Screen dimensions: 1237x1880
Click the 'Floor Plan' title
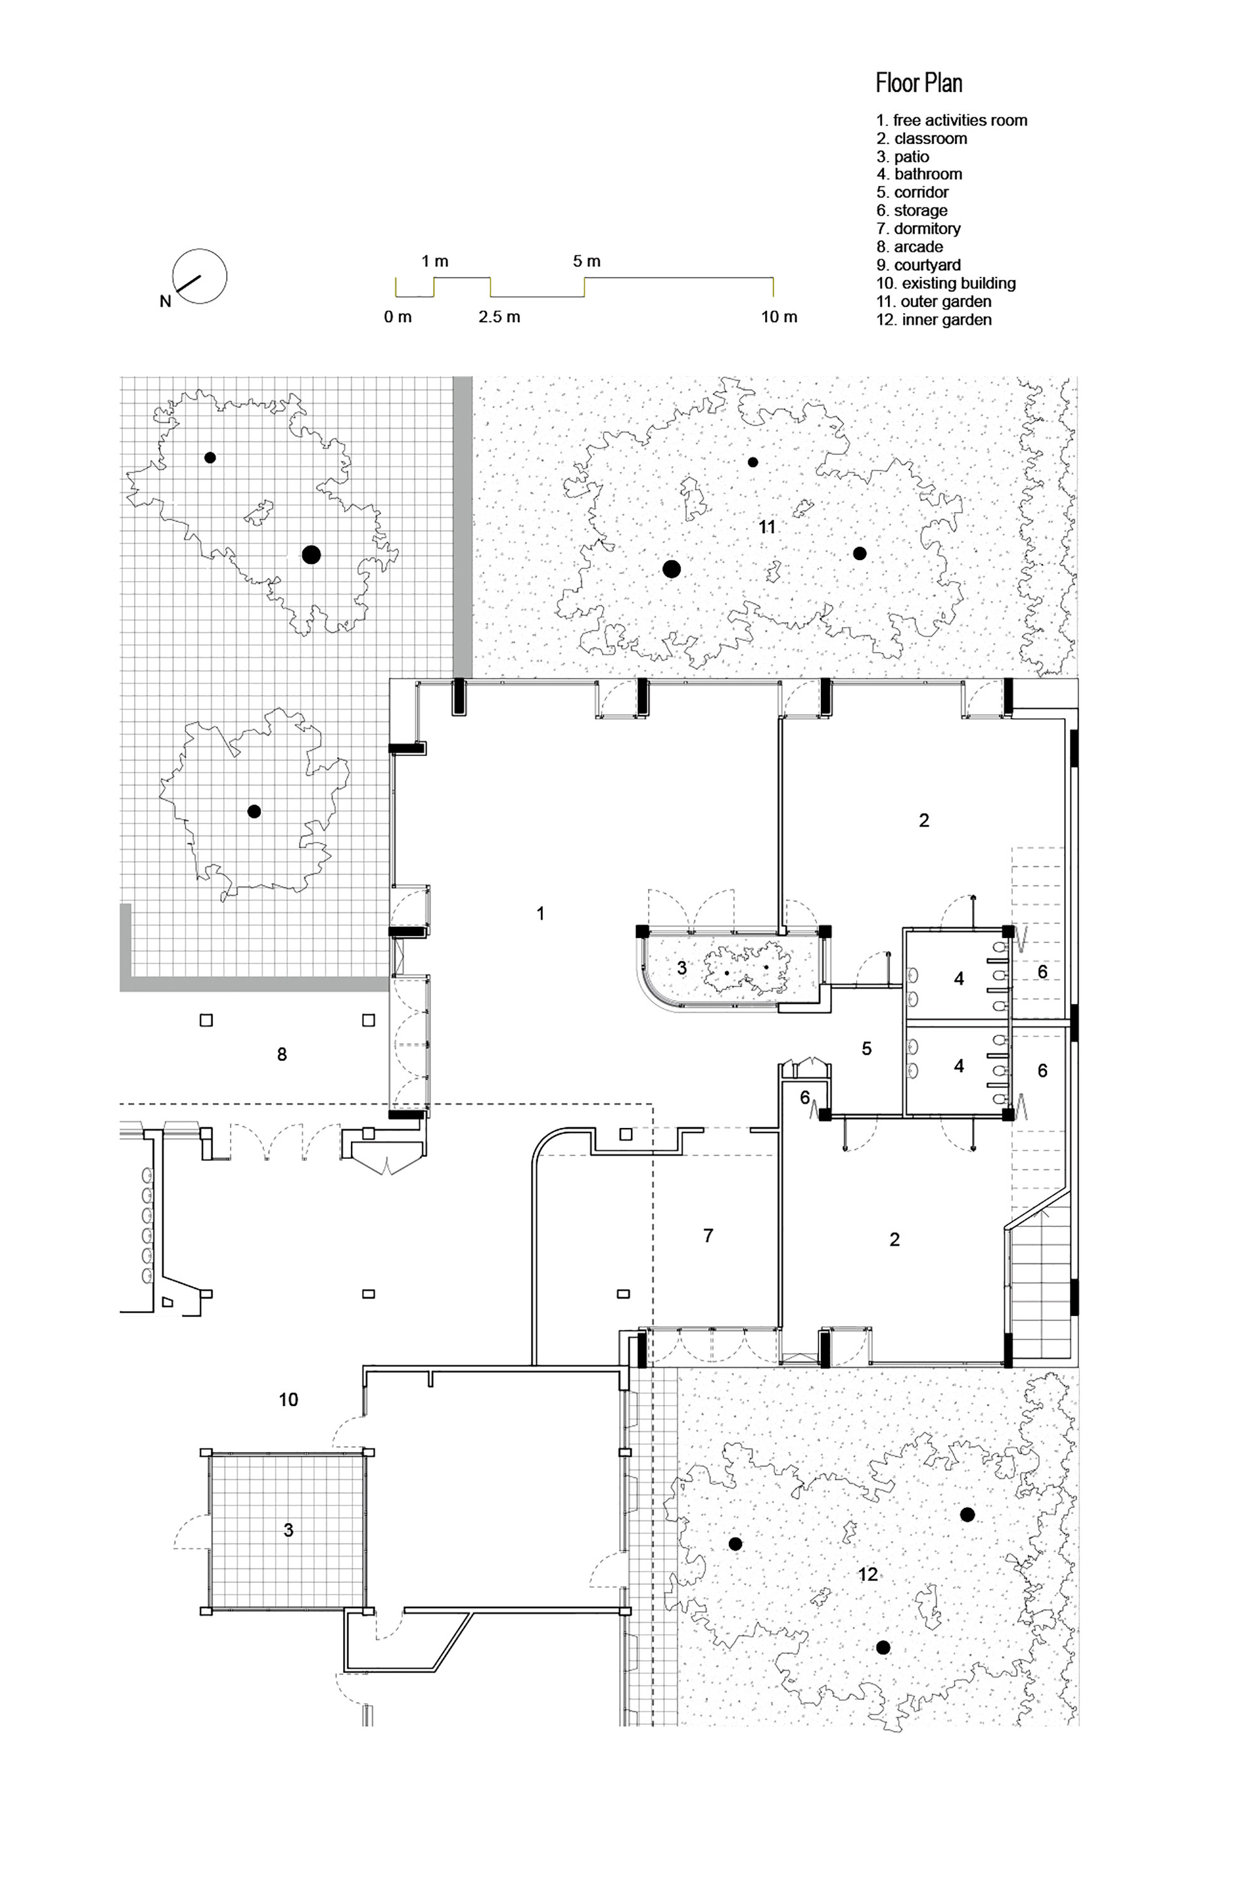[x=919, y=83]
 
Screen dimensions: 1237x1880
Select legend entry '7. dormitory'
[x=918, y=228]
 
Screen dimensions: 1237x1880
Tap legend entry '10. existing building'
[x=946, y=283]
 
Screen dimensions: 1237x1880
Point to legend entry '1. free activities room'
[x=951, y=120]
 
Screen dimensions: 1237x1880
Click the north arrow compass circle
[x=201, y=276]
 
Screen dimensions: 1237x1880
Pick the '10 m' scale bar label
[x=779, y=316]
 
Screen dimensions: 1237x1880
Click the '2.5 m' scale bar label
[x=499, y=316]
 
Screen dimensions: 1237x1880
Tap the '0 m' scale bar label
[x=398, y=316]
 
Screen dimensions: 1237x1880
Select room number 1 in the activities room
[x=540, y=913]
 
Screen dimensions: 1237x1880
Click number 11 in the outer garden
[x=767, y=527]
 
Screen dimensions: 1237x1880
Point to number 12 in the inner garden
[x=867, y=1574]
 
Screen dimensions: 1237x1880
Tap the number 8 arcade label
[x=282, y=1055]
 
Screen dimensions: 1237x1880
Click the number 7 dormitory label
[x=707, y=1235]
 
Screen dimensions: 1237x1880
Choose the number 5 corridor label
[x=867, y=1048]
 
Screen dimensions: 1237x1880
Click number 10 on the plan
[x=288, y=1400]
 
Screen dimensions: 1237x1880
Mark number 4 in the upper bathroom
[x=959, y=979]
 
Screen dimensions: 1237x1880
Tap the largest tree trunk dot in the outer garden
[x=671, y=569]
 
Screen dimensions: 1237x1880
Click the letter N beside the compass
[x=165, y=301]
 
